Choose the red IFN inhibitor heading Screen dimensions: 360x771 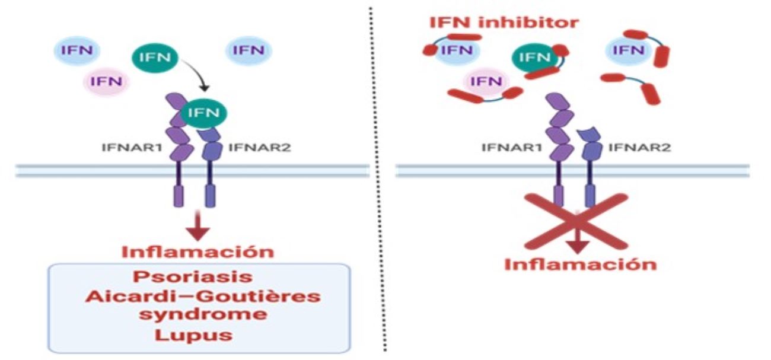504,23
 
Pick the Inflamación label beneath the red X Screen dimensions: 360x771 580,263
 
